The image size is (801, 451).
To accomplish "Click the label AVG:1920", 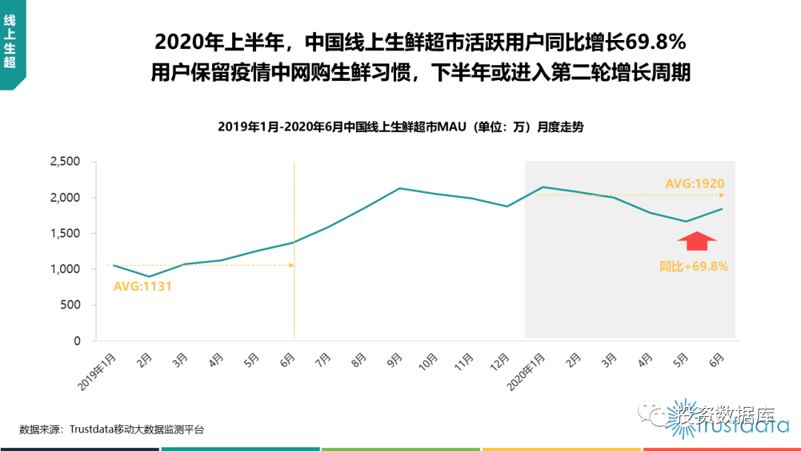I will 694,184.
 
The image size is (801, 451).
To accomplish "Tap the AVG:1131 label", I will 142,286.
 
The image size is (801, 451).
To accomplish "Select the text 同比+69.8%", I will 693,266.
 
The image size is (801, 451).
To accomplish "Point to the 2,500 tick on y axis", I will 65,162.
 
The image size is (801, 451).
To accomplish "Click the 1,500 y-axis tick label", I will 65,234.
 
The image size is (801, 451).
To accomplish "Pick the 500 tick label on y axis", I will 70,305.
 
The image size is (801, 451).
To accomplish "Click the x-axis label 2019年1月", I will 99,370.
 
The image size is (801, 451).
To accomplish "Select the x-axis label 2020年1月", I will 527,370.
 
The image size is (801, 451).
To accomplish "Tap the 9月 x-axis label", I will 393,361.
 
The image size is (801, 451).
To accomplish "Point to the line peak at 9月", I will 400,188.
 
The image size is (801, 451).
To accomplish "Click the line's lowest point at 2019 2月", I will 150,277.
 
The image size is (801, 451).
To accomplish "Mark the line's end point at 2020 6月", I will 722,209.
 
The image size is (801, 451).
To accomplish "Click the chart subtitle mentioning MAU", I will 400,127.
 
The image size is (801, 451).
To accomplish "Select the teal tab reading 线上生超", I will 10,43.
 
